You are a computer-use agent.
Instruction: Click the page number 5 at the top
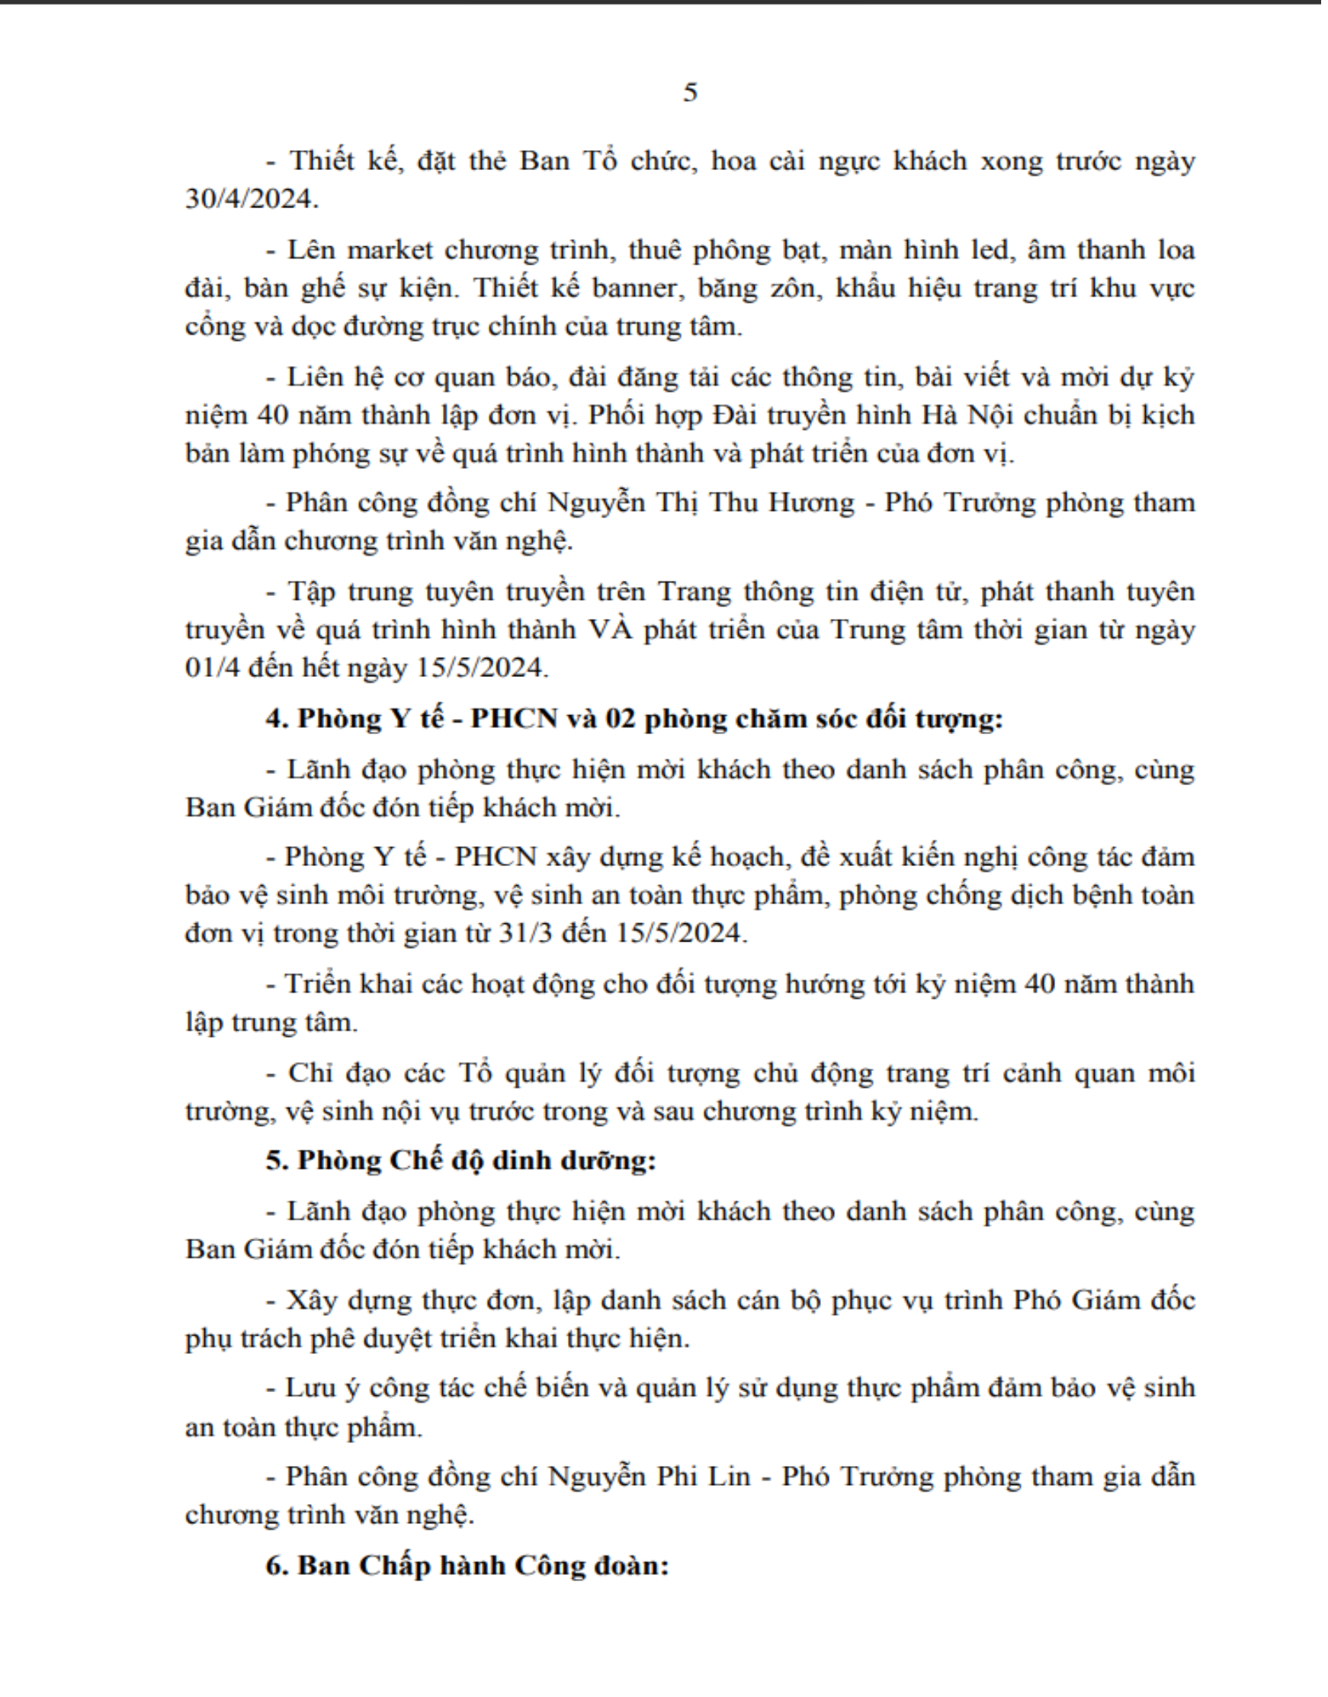(x=691, y=93)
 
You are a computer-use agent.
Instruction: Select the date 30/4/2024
(x=250, y=199)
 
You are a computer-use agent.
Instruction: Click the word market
(x=390, y=249)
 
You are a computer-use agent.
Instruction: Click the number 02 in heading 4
(x=621, y=718)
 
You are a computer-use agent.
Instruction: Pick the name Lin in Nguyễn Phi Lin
(x=730, y=1476)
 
